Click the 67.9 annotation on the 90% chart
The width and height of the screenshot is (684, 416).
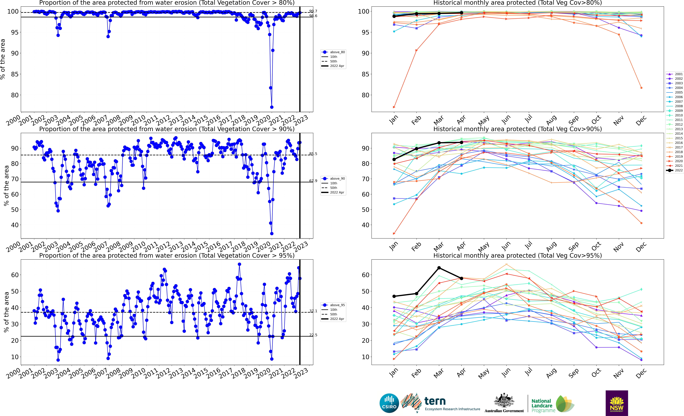coord(313,181)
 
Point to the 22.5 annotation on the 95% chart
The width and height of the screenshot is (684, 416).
coord(313,335)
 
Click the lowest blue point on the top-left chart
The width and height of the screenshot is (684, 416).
coord(272,107)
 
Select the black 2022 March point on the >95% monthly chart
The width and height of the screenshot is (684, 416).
coord(439,268)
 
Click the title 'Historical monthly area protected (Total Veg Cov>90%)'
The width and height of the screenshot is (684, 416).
coord(517,129)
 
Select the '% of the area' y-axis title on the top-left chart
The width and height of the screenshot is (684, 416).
coord(3,59)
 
